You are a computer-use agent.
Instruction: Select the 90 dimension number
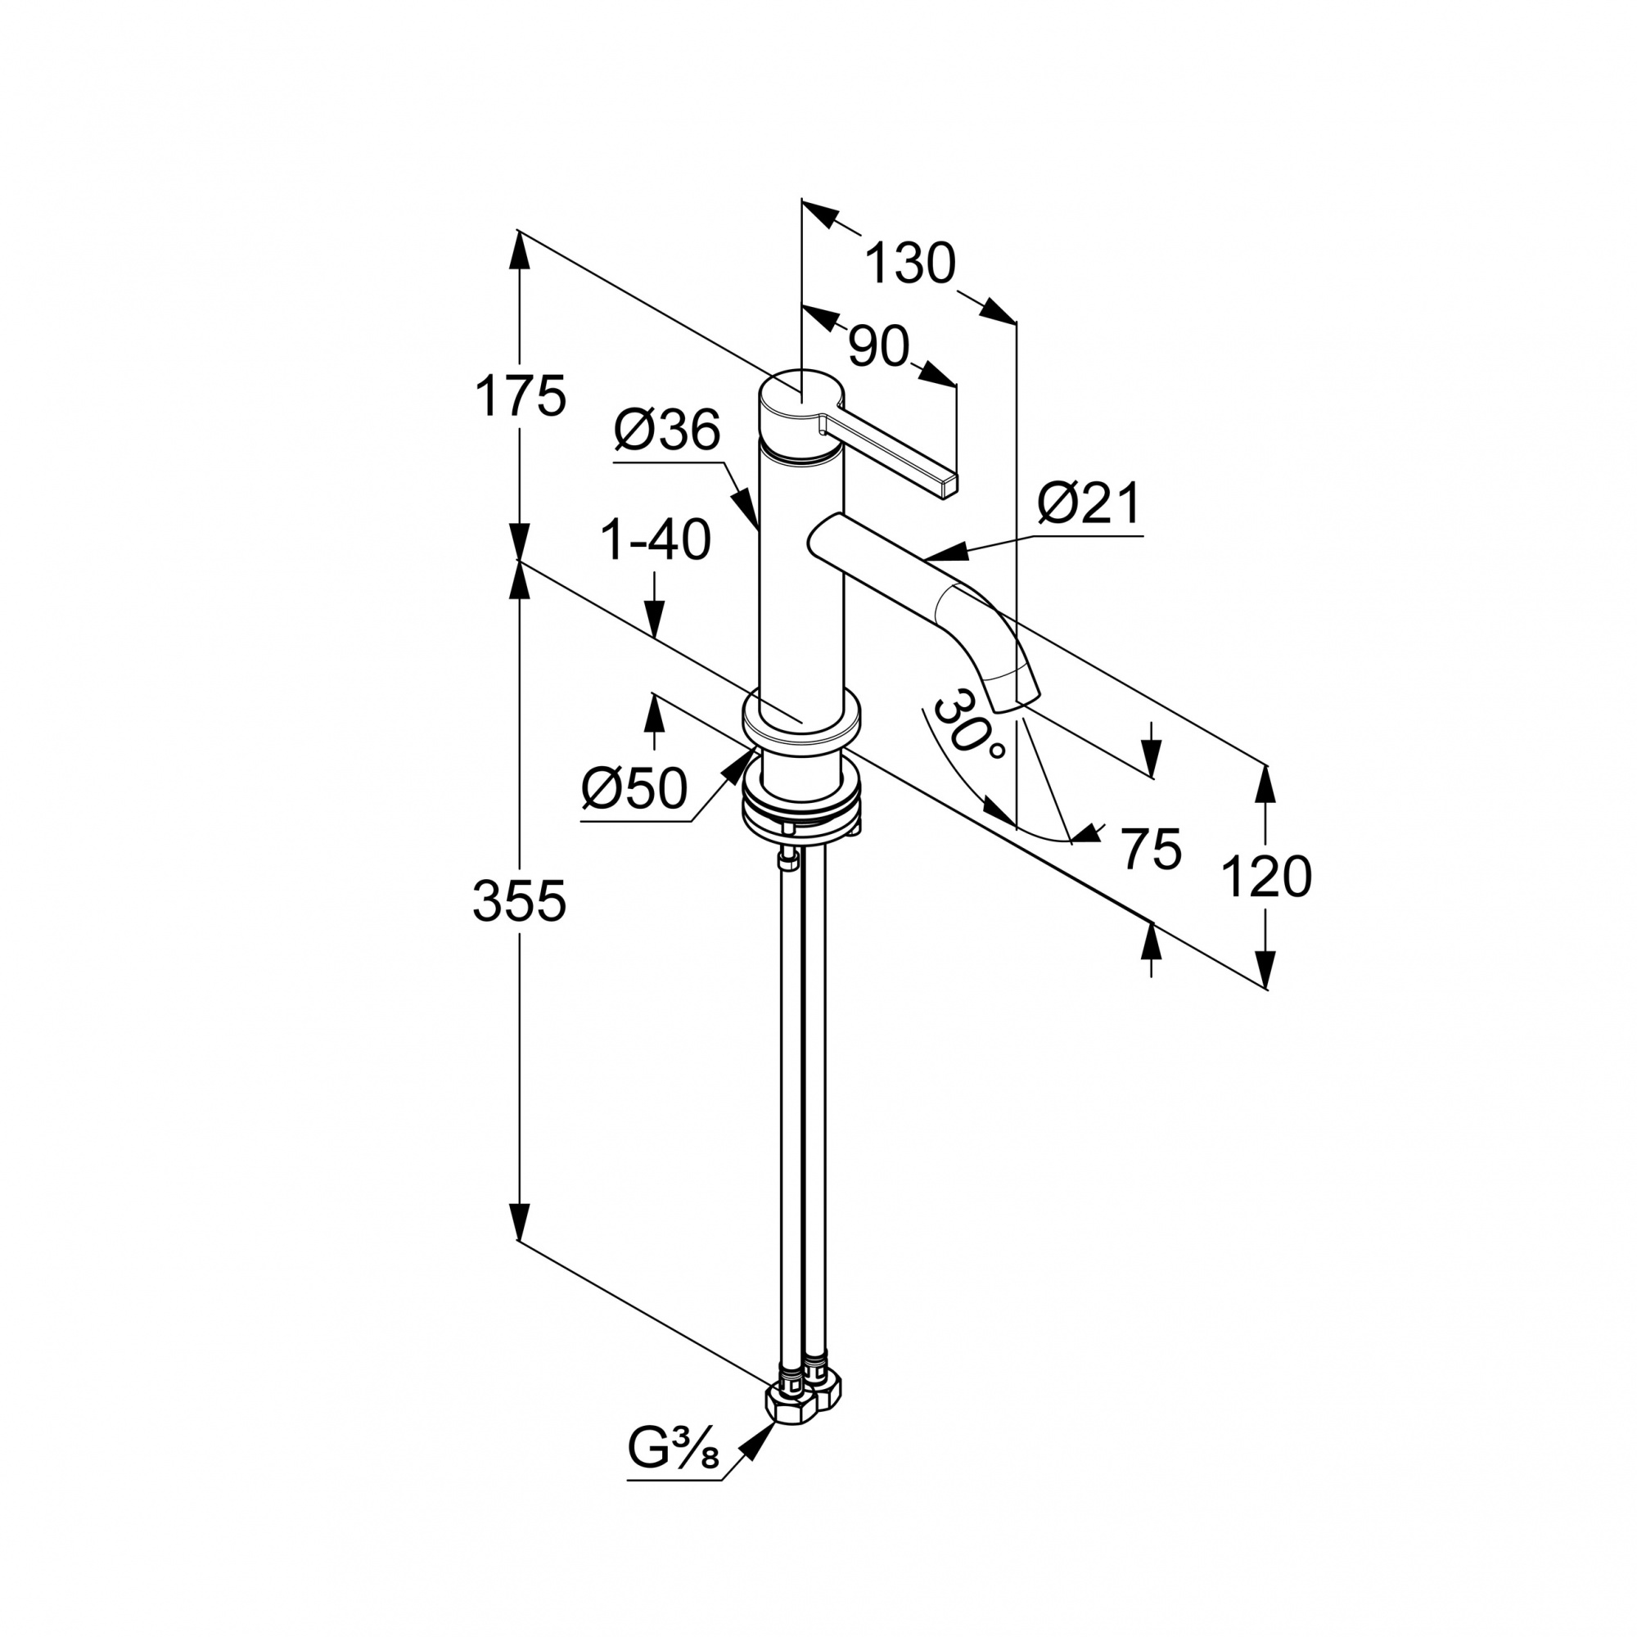(878, 346)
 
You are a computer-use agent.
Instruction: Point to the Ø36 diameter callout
(667, 431)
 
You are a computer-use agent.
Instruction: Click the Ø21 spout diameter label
(1089, 504)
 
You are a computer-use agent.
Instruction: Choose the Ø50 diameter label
(634, 790)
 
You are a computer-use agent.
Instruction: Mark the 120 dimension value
(1267, 877)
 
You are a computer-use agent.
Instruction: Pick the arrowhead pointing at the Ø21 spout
(945, 552)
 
